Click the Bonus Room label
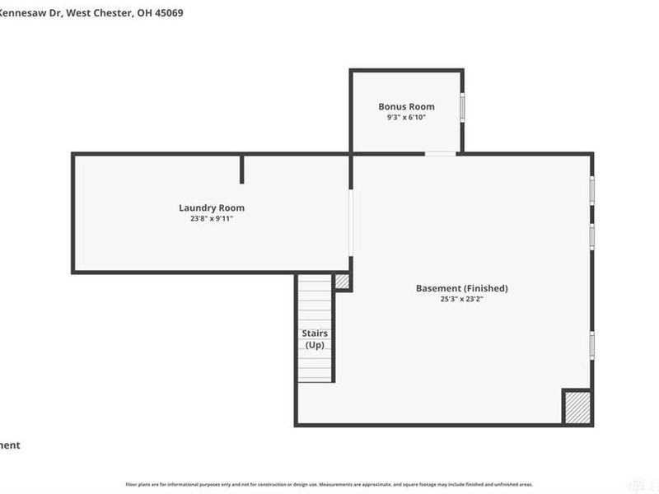click(x=406, y=107)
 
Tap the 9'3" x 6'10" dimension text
click(x=406, y=118)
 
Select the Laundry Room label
click(x=212, y=208)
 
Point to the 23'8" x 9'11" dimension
click(x=212, y=219)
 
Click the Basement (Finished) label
click(x=461, y=289)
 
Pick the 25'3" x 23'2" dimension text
click(x=461, y=300)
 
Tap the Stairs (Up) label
click(x=316, y=339)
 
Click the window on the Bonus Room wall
click(x=462, y=108)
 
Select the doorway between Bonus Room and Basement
click(x=440, y=154)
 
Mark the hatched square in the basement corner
click(x=577, y=407)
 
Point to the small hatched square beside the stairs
click(x=342, y=282)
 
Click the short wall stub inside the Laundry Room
click(x=241, y=169)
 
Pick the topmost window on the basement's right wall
click(x=591, y=189)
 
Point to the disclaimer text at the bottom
click(x=329, y=485)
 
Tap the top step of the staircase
click(x=315, y=280)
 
